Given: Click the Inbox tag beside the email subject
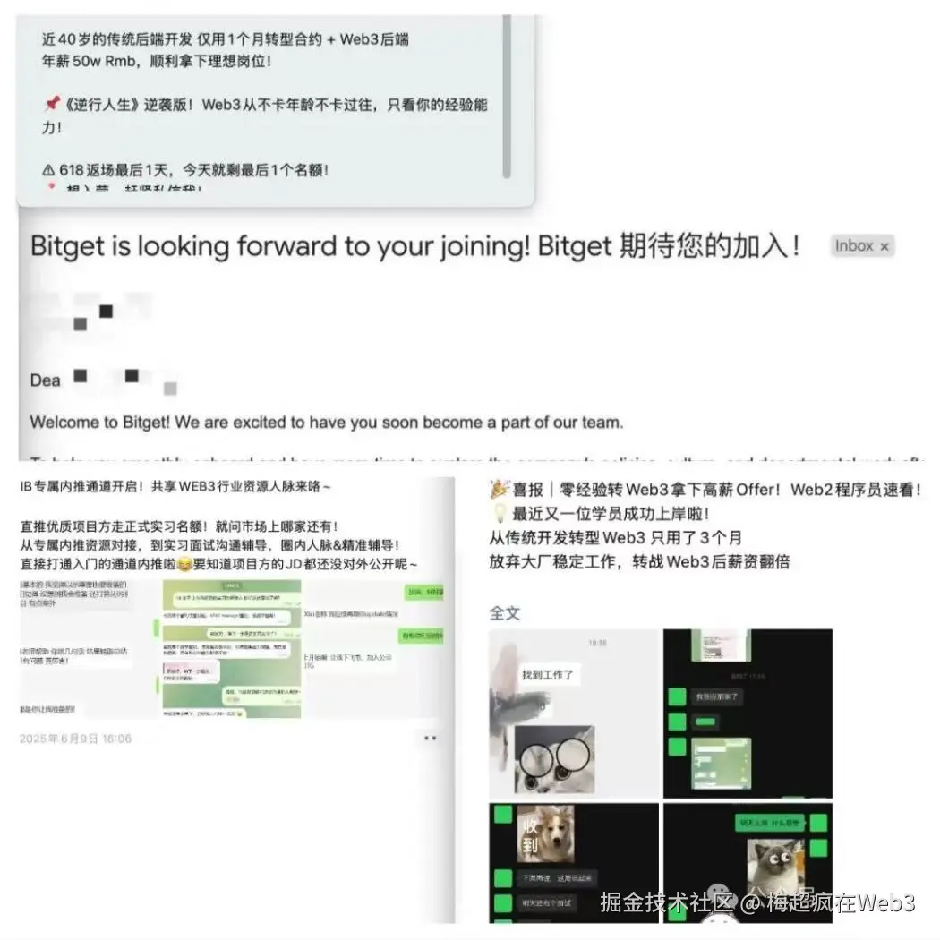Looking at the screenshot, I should pos(854,246).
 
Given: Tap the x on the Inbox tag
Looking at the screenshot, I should pos(884,246).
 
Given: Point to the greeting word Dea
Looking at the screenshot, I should pos(46,380).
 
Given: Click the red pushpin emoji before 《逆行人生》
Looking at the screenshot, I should pos(51,105).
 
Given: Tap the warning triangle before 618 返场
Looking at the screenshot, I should pos(48,169).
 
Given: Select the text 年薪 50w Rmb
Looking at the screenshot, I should pos(90,63).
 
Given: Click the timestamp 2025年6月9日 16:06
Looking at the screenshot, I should pos(75,739).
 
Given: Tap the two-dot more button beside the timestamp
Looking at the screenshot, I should pos(430,739).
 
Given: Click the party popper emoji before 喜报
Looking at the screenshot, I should pos(500,491).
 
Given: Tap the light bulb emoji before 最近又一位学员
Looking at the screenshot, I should pos(499,514).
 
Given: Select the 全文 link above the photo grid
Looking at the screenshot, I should pos(504,613).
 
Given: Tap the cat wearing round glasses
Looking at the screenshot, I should pos(555,758).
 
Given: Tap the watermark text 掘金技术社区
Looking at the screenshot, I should pos(667,902).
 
